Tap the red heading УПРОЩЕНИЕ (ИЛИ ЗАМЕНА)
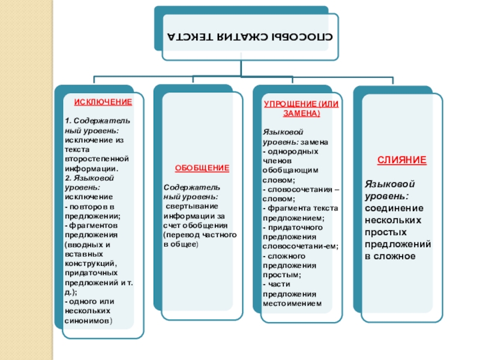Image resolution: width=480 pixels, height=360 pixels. pos(302,109)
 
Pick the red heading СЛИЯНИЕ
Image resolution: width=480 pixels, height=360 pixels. pos(401,161)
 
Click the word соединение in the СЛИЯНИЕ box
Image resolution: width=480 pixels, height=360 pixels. pos(394,208)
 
